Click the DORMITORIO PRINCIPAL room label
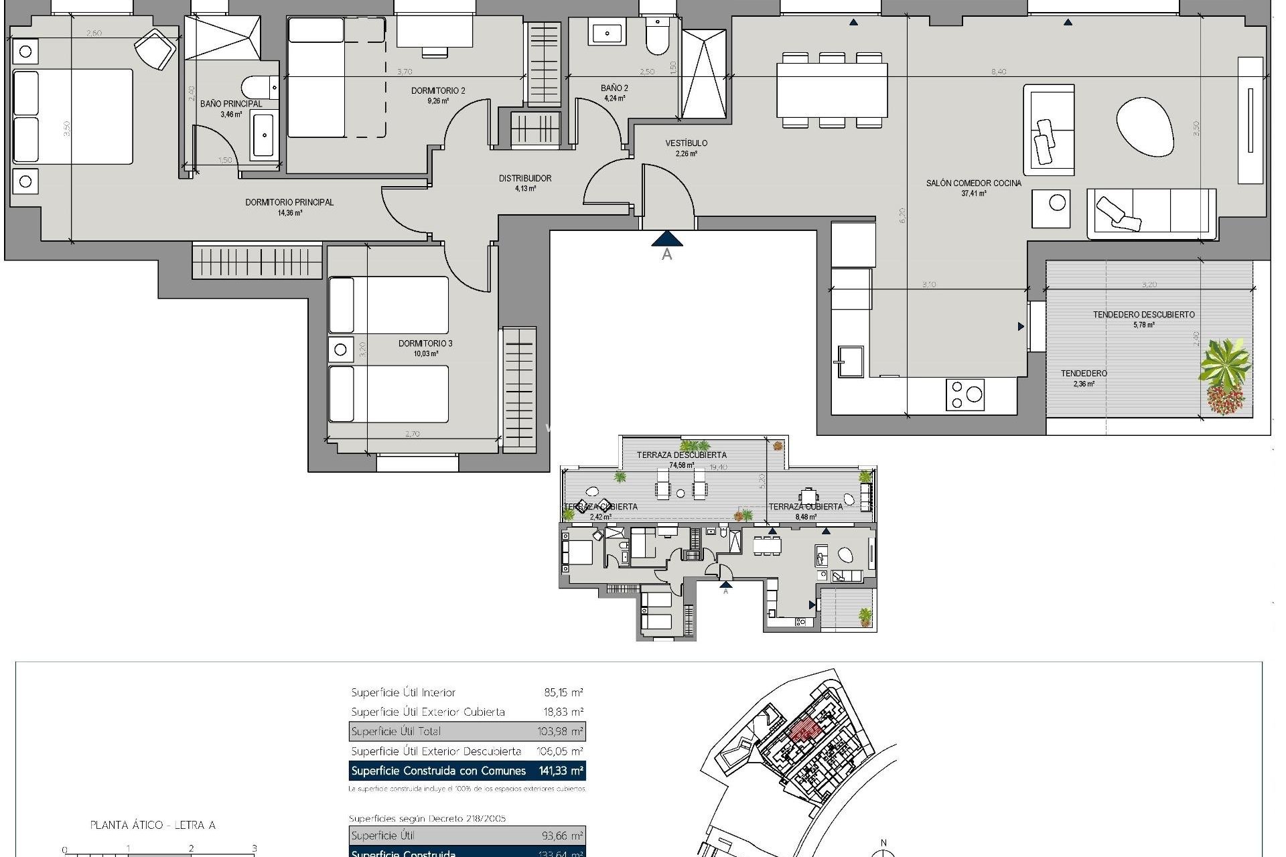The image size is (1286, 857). tap(289, 202)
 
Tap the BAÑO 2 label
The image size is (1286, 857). tap(614, 88)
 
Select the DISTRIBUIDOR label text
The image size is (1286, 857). tap(525, 178)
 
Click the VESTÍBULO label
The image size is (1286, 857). tap(686, 143)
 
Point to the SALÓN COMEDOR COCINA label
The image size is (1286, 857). tap(974, 183)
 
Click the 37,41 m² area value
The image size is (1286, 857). tap(974, 193)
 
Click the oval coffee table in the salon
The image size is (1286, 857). tap(1145, 127)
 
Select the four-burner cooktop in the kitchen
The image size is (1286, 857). tap(965, 394)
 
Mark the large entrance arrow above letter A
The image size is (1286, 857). tap(666, 238)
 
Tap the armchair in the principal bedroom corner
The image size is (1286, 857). tap(155, 48)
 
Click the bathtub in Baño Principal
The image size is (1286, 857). tap(264, 137)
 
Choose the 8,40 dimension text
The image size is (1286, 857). tap(998, 72)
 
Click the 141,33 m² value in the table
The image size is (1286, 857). tap(561, 771)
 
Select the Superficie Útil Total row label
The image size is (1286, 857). tap(396, 731)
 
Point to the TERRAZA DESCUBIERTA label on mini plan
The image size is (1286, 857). tap(681, 455)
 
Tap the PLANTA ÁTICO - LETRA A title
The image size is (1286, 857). tap(153, 825)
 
